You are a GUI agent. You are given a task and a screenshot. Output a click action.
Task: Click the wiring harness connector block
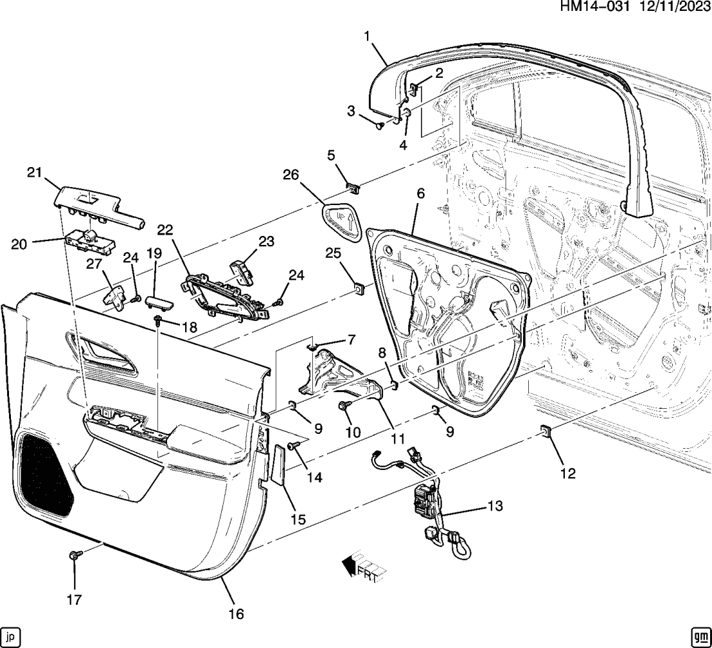pyautogui.click(x=425, y=501)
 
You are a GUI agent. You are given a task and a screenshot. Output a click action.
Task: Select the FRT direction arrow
pyautogui.click(x=362, y=566)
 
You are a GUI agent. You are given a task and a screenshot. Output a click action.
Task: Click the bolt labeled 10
pyautogui.click(x=344, y=406)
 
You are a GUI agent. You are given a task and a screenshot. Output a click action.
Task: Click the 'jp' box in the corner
pyautogui.click(x=11, y=636)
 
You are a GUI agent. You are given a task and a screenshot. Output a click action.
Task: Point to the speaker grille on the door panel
pyautogui.click(x=45, y=474)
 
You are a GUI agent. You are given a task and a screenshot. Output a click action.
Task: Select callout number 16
pyautogui.click(x=236, y=614)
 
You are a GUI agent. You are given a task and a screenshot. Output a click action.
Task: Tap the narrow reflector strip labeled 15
pyautogui.click(x=279, y=464)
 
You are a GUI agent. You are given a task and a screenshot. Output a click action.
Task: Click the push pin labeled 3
pyautogui.click(x=380, y=125)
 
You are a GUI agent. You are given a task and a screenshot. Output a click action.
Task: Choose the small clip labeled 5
pyautogui.click(x=353, y=188)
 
